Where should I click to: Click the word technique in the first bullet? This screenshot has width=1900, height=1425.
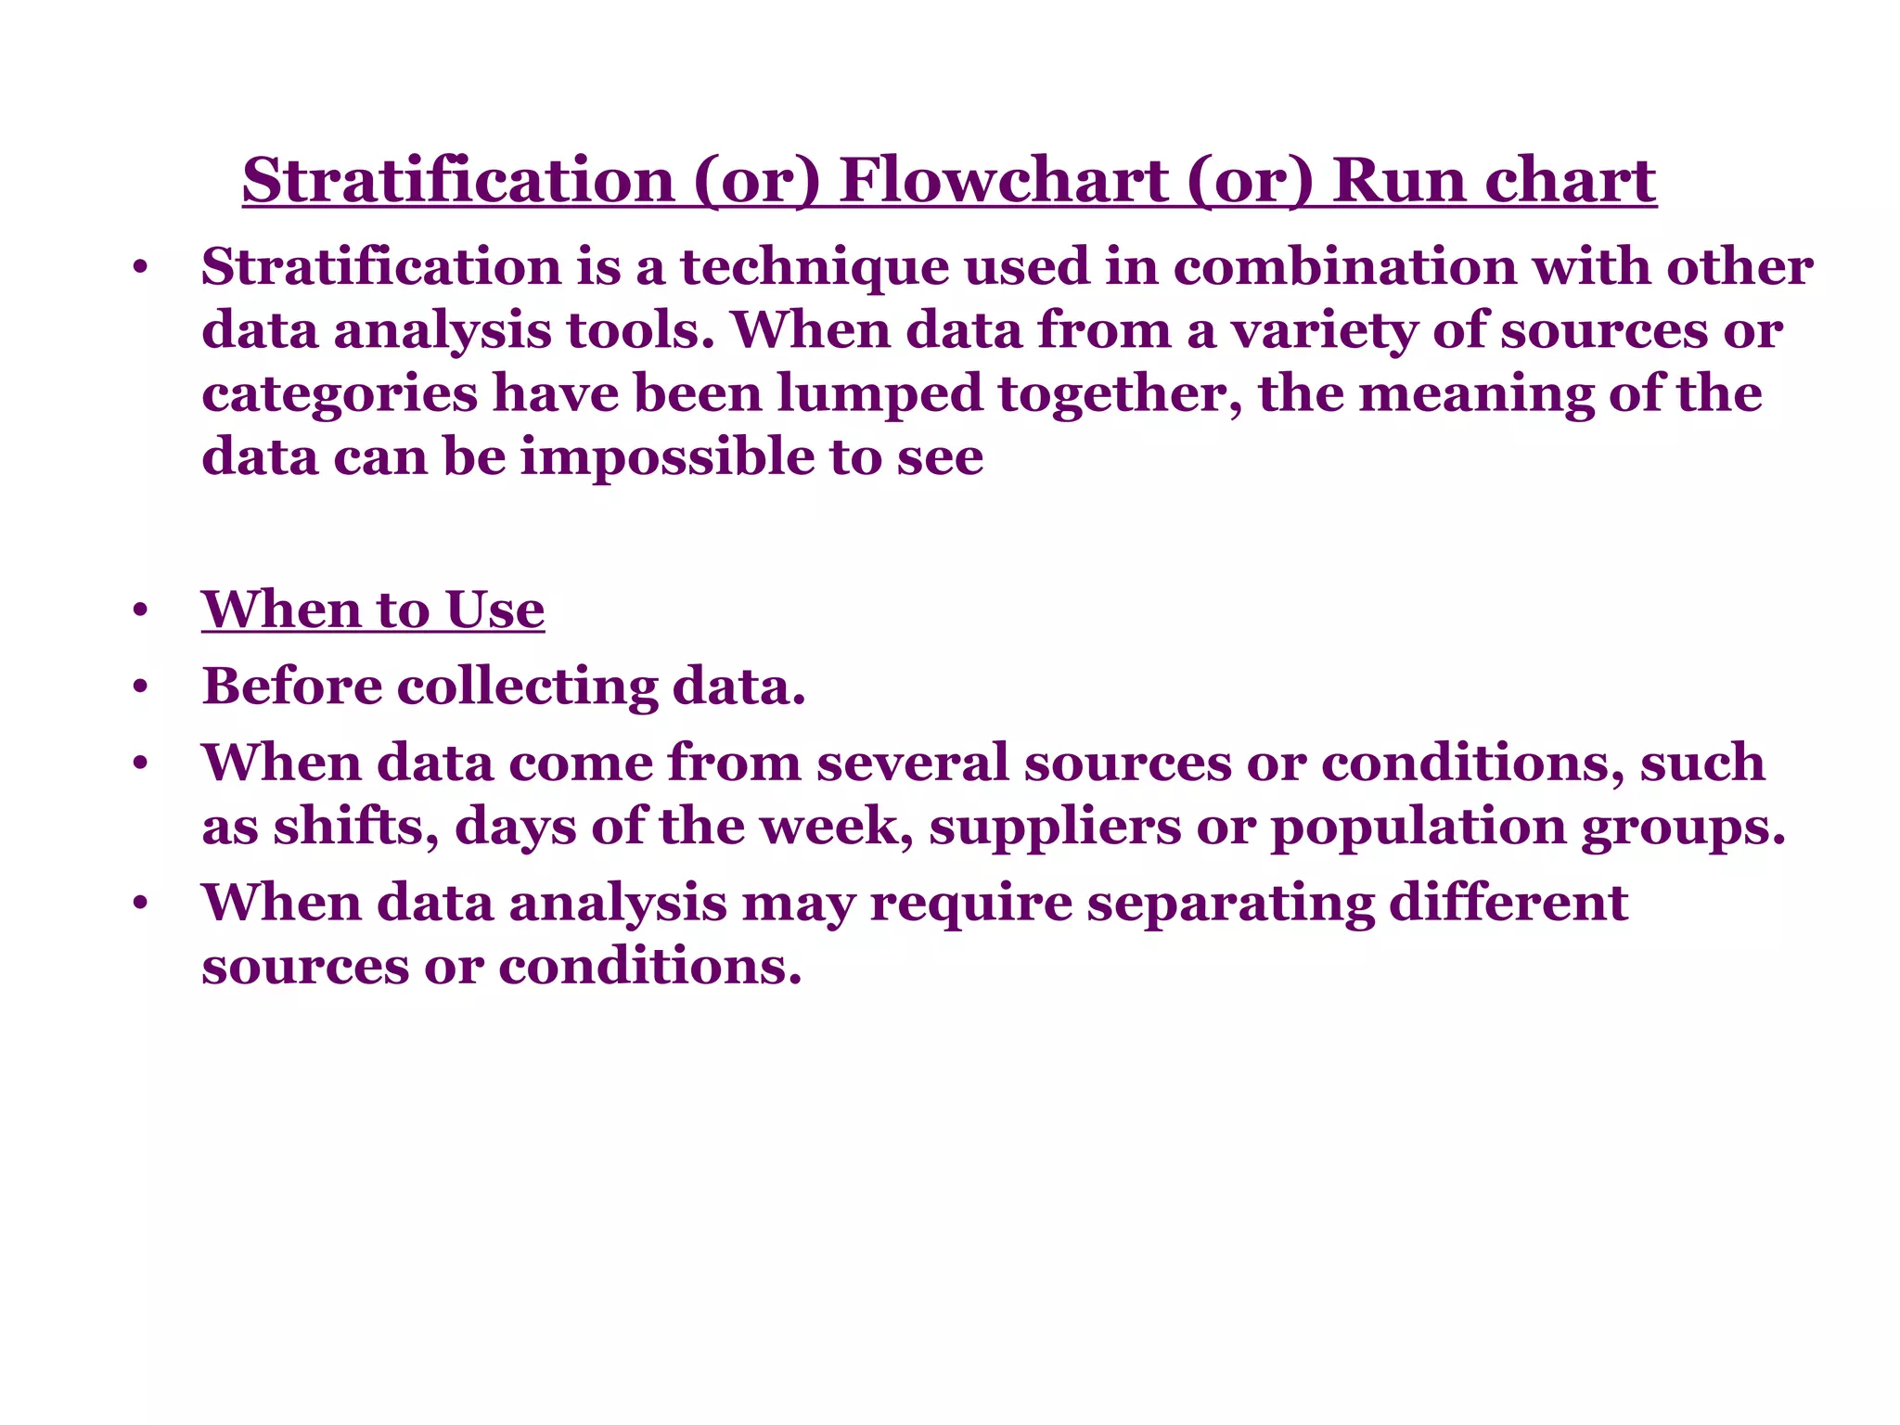[x=815, y=268]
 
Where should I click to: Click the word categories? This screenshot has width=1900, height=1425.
[x=339, y=394]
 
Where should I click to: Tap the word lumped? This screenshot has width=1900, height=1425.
[x=879, y=394]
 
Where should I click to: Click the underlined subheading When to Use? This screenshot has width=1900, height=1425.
[x=373, y=610]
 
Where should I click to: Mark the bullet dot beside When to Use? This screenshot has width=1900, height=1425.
[x=140, y=611]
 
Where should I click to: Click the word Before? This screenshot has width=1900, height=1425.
[x=292, y=687]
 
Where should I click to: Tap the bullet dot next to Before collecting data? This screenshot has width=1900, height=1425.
[x=140, y=688]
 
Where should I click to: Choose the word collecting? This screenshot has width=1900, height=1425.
[x=527, y=687]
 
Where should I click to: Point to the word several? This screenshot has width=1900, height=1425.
[x=912, y=763]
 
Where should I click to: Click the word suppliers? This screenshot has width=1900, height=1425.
[x=1055, y=827]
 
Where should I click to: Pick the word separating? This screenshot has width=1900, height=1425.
[x=1230, y=904]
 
